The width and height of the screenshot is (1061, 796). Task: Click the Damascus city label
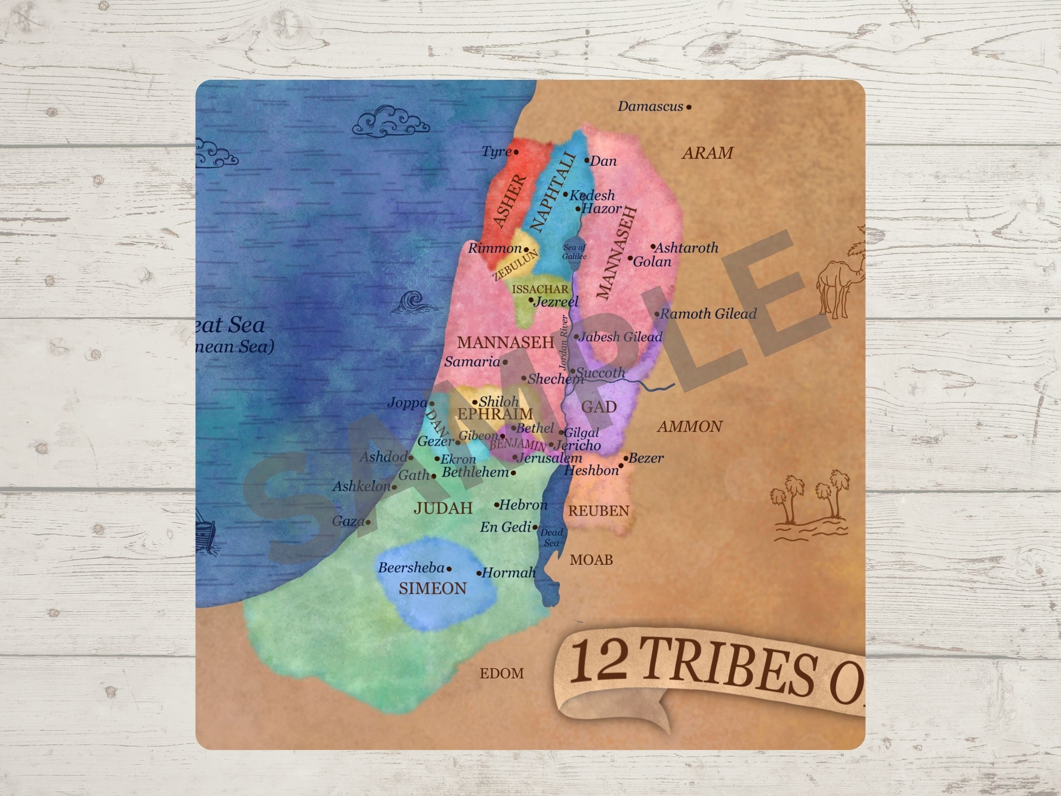pyautogui.click(x=650, y=107)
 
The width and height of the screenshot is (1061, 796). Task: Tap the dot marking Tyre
pyautogui.click(x=516, y=152)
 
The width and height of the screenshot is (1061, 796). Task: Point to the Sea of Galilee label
pyautogui.click(x=574, y=252)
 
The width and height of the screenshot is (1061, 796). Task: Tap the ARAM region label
pyautogui.click(x=707, y=153)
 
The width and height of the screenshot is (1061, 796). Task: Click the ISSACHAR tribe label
pyautogui.click(x=540, y=289)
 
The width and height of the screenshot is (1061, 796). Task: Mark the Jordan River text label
pyautogui.click(x=564, y=342)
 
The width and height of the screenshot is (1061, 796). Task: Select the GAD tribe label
pyautogui.click(x=598, y=407)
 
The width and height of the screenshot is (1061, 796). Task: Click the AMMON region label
pyautogui.click(x=690, y=426)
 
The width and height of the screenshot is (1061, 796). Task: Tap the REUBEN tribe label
pyautogui.click(x=598, y=511)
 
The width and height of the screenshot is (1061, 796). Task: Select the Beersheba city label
pyautogui.click(x=411, y=568)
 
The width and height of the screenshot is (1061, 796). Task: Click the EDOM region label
pyautogui.click(x=502, y=673)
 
